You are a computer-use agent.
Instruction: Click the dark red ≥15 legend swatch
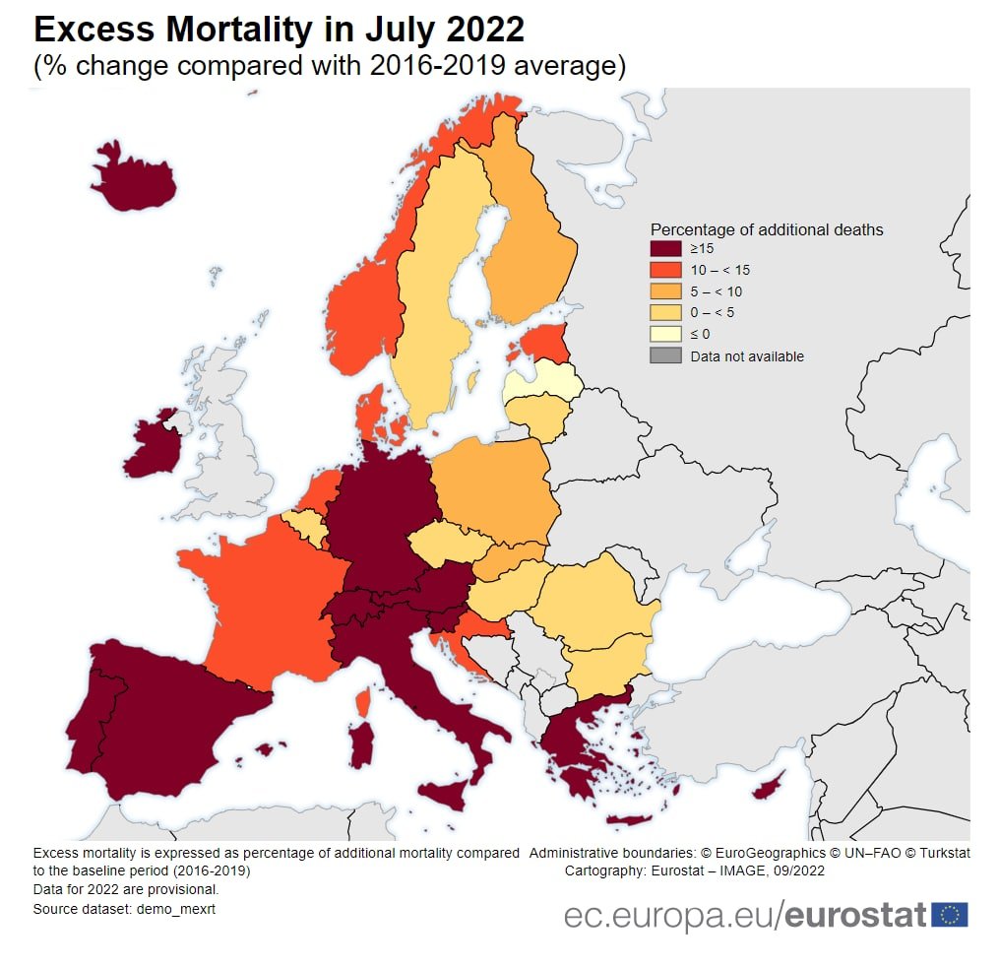point(665,249)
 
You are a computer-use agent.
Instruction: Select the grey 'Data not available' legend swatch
point(665,355)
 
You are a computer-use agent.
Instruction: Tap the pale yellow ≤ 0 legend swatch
point(665,334)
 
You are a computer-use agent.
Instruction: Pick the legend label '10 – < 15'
point(720,270)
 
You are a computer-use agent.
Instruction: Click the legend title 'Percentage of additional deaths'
point(767,229)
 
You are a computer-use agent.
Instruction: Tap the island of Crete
point(629,819)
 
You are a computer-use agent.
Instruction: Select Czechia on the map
point(450,545)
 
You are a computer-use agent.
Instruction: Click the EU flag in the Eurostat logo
point(950,915)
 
